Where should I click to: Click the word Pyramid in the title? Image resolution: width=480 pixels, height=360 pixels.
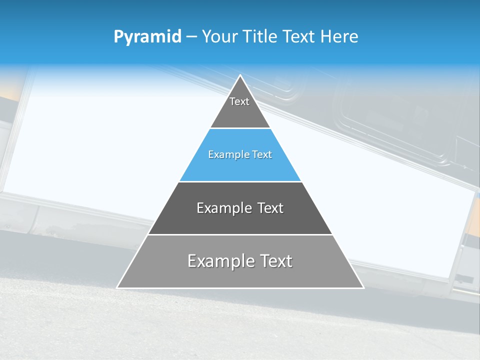point(147,37)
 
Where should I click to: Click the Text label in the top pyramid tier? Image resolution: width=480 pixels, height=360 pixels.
point(239,101)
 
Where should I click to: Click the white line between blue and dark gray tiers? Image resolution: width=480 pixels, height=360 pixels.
point(240,182)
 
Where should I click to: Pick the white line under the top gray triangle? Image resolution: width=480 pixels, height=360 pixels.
point(240,128)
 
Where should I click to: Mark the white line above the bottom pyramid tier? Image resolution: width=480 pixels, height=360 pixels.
point(240,234)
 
